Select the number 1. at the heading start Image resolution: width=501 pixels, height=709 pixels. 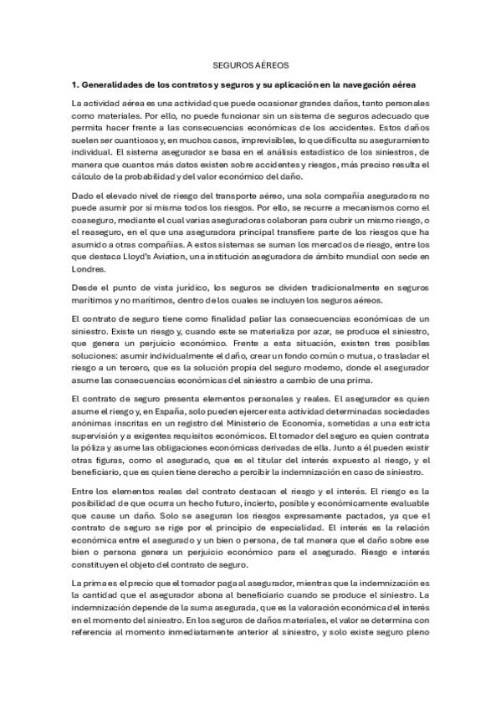(x=74, y=85)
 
